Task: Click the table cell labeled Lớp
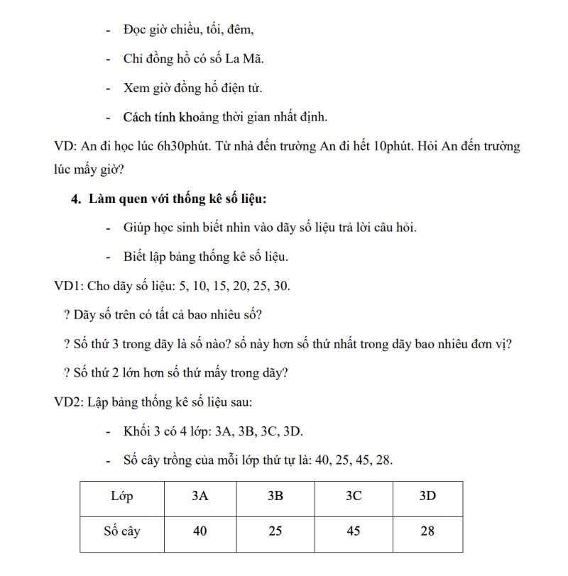[122, 496]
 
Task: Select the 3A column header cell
[200, 496]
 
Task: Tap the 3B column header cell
[275, 496]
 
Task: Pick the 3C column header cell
[354, 496]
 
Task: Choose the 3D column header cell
[427, 496]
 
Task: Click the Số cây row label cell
[122, 530]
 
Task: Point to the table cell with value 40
[200, 530]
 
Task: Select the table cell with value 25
[275, 530]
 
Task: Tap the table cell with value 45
[354, 530]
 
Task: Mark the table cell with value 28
[427, 530]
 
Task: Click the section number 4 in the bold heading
[75, 199]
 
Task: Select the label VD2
[69, 402]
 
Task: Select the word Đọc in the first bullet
[136, 30]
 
